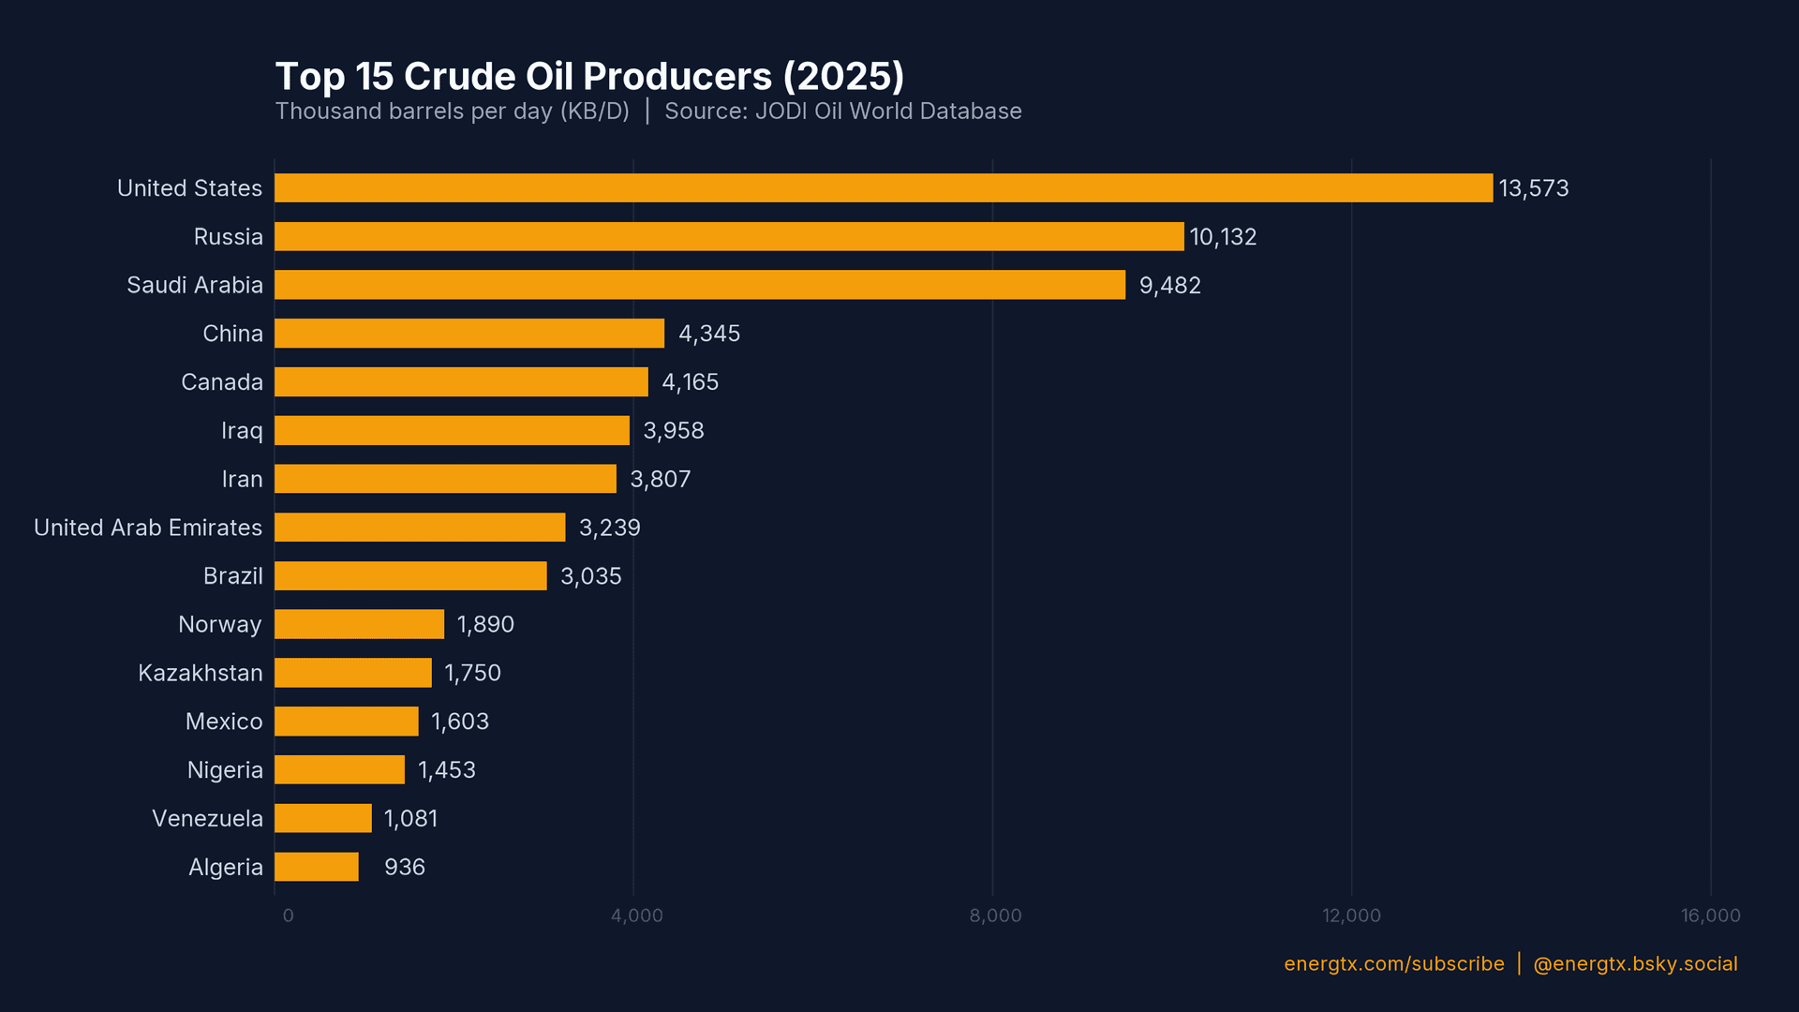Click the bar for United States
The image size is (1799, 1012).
pos(883,187)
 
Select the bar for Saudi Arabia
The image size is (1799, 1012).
pos(699,285)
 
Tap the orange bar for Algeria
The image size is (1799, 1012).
pos(317,867)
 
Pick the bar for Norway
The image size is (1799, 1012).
pos(359,624)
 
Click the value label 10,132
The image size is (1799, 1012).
pos(1223,237)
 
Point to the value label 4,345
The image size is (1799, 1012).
pos(709,334)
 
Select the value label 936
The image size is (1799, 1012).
pos(405,867)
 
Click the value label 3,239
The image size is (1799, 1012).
pos(609,528)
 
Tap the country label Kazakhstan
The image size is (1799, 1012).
pos(201,673)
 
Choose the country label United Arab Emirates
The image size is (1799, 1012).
pos(148,528)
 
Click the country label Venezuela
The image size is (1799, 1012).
pos(207,818)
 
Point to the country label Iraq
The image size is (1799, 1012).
pos(242,430)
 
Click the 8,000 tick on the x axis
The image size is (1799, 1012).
pos(995,915)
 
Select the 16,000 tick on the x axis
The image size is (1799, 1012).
pos(1710,915)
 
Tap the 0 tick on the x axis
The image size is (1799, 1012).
pos(288,915)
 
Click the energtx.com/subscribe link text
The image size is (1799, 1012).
pos(1393,964)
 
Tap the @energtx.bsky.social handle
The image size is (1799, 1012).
pos(1635,964)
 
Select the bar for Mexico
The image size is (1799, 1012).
pos(347,722)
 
